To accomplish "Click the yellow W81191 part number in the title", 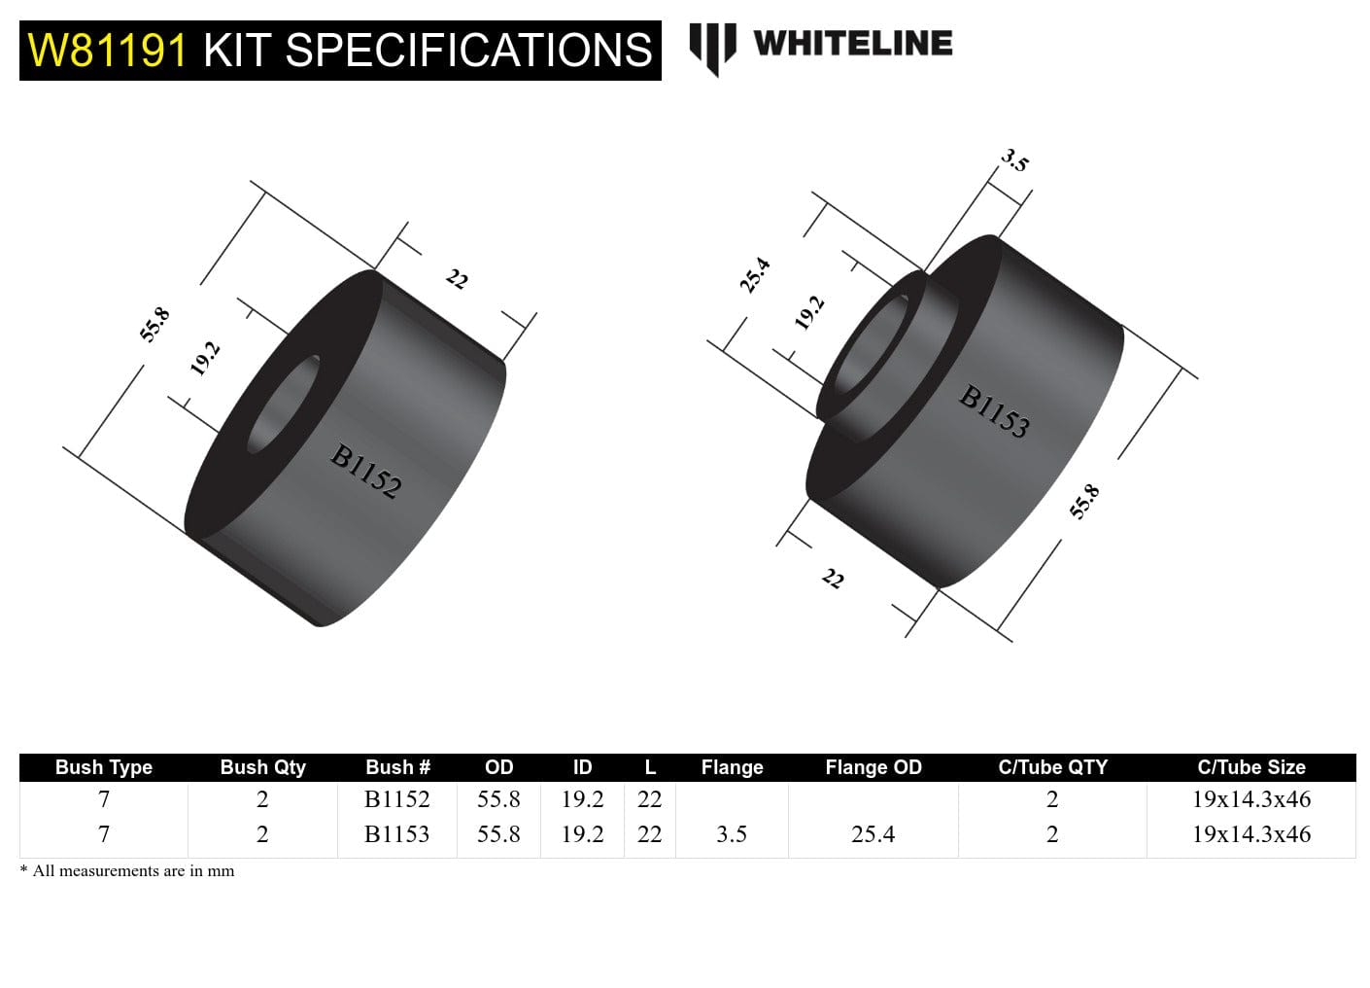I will click(x=108, y=51).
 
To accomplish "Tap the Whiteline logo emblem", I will click(x=711, y=49).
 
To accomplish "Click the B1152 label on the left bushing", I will click(x=365, y=472).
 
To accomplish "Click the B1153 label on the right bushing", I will click(x=994, y=411).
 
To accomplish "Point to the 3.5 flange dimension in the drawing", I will click(x=1014, y=160).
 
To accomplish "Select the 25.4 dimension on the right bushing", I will click(x=755, y=275).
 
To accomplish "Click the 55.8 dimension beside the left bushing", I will click(x=154, y=325).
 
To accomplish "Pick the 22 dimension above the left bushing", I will click(x=457, y=280).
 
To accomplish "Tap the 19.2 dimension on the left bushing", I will click(x=205, y=358).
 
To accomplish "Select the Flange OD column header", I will click(x=873, y=767).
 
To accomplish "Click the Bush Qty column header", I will click(x=262, y=767).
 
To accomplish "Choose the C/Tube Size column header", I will click(x=1250, y=767).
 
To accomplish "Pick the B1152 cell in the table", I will click(x=396, y=799).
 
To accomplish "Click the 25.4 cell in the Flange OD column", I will click(x=873, y=834).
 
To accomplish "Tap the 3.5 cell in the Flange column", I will click(x=731, y=834).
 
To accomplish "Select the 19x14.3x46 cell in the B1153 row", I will click(x=1250, y=834).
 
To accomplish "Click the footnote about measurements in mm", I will click(x=127, y=871).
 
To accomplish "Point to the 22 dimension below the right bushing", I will click(x=833, y=580).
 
